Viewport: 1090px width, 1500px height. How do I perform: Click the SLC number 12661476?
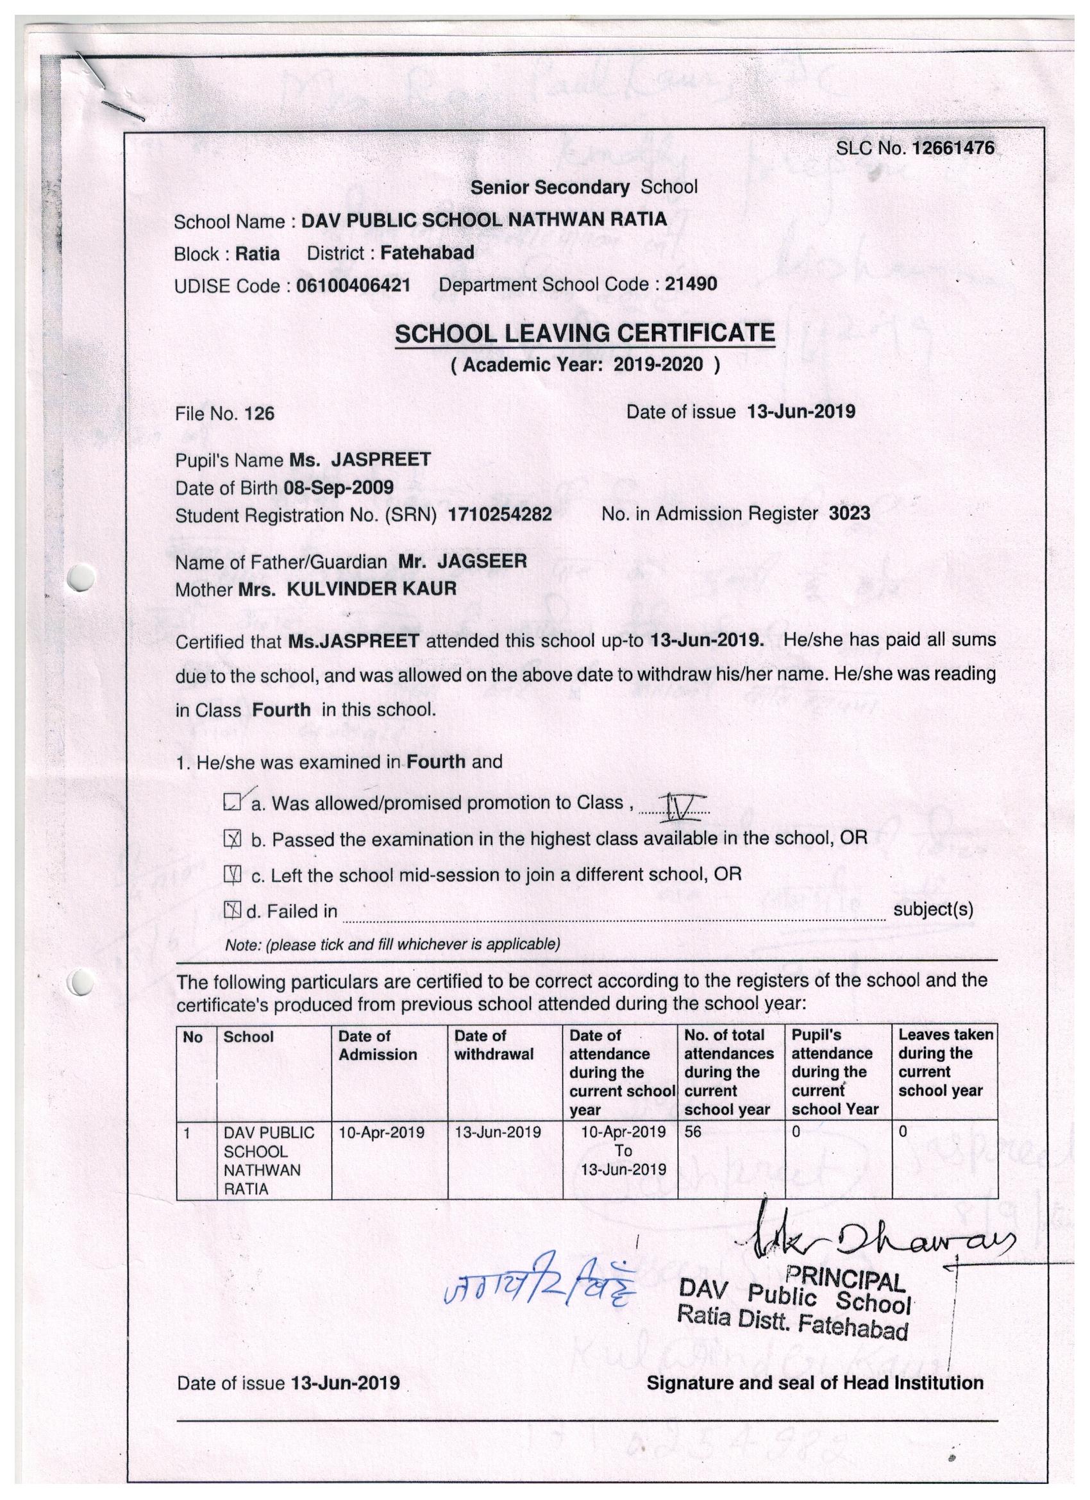pyautogui.click(x=953, y=148)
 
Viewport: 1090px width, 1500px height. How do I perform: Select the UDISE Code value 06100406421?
pyautogui.click(x=353, y=285)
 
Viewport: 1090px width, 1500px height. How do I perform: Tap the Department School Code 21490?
pyautogui.click(x=691, y=284)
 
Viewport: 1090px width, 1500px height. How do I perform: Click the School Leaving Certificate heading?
pyautogui.click(x=584, y=334)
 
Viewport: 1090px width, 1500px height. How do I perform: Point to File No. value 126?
pyautogui.click(x=259, y=414)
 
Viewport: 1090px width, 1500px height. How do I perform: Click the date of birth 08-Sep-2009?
pyautogui.click(x=339, y=488)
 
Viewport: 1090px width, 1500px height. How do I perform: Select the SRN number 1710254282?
pyautogui.click(x=499, y=515)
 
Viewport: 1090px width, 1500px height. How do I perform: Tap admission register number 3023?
pyautogui.click(x=850, y=513)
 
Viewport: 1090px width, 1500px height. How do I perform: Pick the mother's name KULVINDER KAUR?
pyautogui.click(x=371, y=588)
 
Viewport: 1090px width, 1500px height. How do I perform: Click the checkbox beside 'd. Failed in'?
pyautogui.click(x=232, y=912)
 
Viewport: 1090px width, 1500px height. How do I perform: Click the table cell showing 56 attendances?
pyautogui.click(x=692, y=1132)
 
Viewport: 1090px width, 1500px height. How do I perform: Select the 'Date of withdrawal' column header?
pyautogui.click(x=493, y=1045)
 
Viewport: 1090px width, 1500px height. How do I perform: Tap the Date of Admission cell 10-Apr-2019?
pyautogui.click(x=382, y=1132)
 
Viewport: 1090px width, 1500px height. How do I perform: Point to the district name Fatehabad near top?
pyautogui.click(x=428, y=253)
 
